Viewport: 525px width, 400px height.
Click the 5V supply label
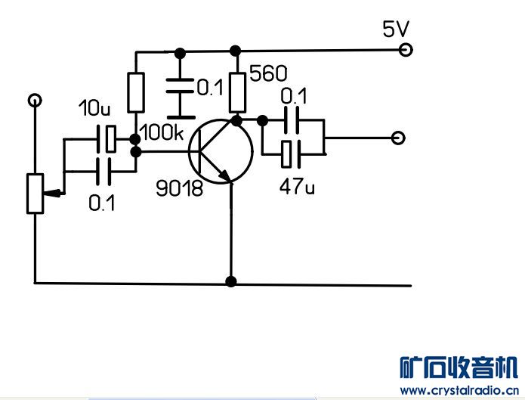pos(396,29)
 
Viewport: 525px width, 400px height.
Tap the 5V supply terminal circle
pos(406,50)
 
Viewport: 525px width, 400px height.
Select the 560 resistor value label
pos(268,73)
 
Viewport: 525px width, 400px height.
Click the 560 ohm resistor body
pos(237,93)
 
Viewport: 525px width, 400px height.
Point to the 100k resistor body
pos(136,92)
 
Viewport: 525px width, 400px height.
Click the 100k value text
pos(162,132)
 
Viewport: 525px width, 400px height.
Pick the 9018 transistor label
pos(180,188)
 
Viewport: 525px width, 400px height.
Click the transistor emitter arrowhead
pos(224,175)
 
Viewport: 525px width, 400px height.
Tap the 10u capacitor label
pos(94,108)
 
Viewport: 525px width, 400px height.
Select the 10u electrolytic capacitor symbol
pos(107,139)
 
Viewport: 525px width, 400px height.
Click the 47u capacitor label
pos(297,187)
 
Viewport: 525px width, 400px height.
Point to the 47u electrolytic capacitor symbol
pos(291,154)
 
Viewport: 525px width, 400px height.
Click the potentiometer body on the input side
pos(35,194)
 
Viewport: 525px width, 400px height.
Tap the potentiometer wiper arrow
pos(52,193)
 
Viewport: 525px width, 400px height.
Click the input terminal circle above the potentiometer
pos(35,101)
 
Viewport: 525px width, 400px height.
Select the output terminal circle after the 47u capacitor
pos(398,138)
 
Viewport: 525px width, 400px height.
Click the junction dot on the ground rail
pos(231,281)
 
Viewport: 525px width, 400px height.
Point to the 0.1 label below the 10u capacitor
pos(101,203)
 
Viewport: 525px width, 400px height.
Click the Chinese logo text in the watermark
pos(459,367)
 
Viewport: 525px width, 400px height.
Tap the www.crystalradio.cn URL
pos(459,391)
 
